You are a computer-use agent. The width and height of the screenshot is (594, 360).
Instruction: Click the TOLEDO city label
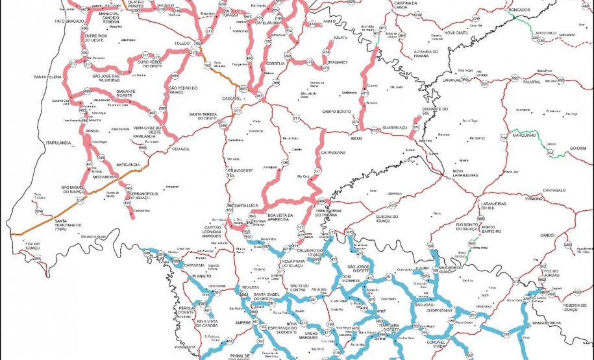coord(181,43)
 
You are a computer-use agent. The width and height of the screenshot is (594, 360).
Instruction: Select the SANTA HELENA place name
coord(48,77)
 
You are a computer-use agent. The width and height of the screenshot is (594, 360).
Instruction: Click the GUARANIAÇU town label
coord(395,128)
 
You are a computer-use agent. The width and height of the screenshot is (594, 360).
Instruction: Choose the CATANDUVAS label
coord(332,152)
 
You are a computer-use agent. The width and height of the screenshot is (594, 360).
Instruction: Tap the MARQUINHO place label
coord(523,136)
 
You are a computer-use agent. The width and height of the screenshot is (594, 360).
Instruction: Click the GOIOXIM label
coord(577,148)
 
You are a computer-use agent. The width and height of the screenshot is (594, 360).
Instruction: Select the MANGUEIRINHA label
coord(545,322)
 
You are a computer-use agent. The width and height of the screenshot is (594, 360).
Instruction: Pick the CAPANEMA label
coord(194,265)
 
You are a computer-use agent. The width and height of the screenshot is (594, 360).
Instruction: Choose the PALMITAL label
coord(532,82)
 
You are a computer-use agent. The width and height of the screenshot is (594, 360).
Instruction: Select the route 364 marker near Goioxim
coord(549,153)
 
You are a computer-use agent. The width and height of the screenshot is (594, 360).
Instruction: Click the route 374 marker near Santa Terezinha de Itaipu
coord(39,211)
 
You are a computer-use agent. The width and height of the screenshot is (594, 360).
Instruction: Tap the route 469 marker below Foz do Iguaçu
coord(37,259)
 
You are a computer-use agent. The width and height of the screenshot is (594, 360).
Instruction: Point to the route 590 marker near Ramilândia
coord(143,147)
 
